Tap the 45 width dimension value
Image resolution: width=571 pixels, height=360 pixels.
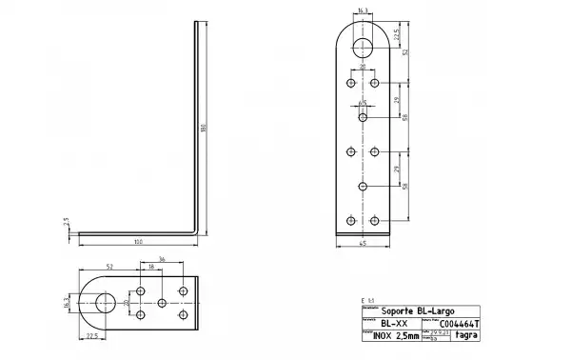[364, 245]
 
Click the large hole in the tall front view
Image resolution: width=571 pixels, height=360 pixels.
[364, 49]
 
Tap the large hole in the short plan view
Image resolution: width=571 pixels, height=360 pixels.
[104, 303]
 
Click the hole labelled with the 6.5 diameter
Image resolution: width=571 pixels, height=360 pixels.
[364, 117]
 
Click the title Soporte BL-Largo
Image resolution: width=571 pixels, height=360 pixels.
[411, 311]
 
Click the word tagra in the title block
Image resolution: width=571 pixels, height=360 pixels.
[465, 335]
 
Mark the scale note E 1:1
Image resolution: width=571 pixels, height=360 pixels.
[368, 300]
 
